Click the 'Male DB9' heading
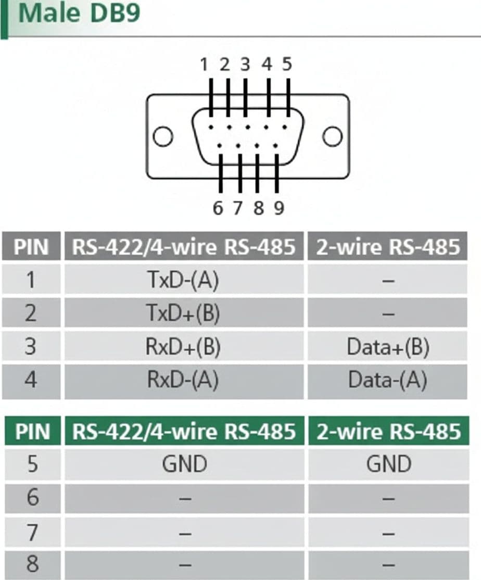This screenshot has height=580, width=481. pos(79,13)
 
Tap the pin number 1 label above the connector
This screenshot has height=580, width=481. pos(204,65)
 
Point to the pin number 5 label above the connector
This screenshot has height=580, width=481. pos(287,65)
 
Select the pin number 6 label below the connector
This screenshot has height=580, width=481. pos(218,208)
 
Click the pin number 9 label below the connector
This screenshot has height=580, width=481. pos(279,208)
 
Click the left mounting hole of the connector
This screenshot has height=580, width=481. pos(162,136)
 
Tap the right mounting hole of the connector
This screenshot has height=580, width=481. pos(332,136)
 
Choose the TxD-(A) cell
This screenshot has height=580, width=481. pos(184,280)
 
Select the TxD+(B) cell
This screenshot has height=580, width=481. pos(184,312)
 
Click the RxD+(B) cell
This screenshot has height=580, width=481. pos(184,346)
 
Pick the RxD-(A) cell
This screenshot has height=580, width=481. pos(184,380)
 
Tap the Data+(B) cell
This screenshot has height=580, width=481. pos(388,346)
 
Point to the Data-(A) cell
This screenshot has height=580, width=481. pos(388,380)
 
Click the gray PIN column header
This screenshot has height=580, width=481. pos(31,246)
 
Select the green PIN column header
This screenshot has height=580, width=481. pos(32,431)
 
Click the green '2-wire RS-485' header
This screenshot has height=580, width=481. pos(389,431)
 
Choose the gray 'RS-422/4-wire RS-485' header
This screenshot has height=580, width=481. pos(184,246)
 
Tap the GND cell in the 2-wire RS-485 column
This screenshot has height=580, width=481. pos(389,464)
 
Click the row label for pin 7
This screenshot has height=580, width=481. pos(32,533)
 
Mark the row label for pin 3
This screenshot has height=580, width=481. pos(31,346)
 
